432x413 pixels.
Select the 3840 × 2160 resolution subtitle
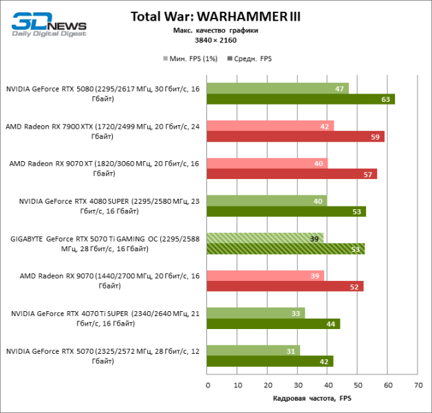pos(215,41)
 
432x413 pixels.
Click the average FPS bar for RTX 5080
pos(301,99)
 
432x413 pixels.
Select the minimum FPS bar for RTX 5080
pos(277,88)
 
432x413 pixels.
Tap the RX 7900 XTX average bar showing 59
pos(295,136)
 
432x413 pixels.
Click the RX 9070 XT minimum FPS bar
pos(267,163)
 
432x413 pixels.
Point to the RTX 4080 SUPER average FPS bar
pos(286,211)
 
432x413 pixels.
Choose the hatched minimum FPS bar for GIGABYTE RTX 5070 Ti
pos(265,238)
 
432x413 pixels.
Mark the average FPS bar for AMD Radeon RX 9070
pos(285,286)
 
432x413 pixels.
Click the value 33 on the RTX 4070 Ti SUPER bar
pos(296,313)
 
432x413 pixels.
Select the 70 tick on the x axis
pos(418,385)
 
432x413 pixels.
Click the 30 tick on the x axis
pos(297,385)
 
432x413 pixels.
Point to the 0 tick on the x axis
pos(208,385)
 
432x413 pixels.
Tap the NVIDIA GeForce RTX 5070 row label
pos(102,356)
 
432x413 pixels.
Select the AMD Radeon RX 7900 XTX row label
pos(102,131)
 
